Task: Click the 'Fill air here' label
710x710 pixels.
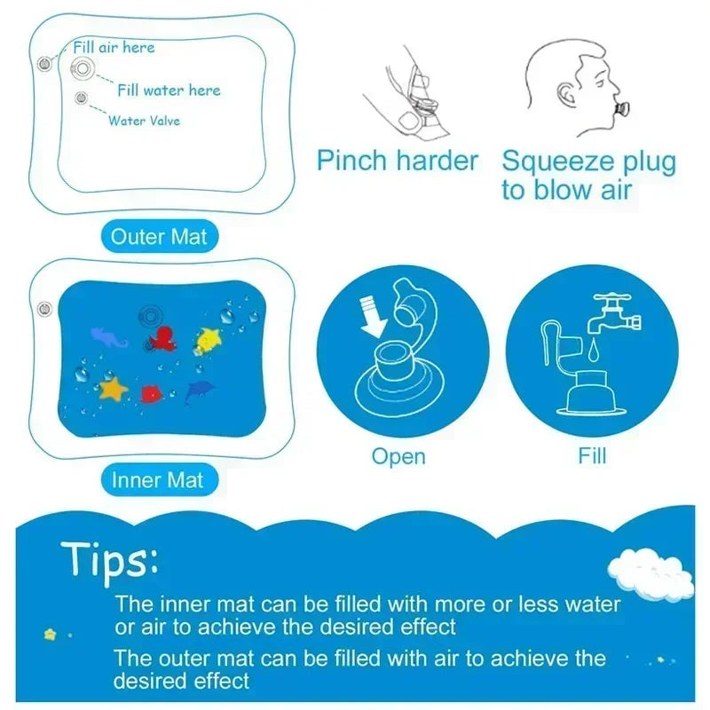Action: (x=114, y=48)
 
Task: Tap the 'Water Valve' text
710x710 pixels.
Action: (x=144, y=120)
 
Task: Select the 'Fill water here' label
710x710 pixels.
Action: (x=169, y=90)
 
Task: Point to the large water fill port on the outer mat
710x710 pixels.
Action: (x=83, y=67)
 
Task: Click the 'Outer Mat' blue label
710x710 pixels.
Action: (x=158, y=237)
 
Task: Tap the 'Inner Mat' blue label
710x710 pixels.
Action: (x=158, y=480)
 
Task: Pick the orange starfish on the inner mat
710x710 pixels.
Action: (x=114, y=388)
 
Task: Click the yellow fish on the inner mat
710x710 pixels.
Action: (x=209, y=336)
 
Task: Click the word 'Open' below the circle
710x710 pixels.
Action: (x=398, y=456)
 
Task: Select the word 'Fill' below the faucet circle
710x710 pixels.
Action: (x=592, y=456)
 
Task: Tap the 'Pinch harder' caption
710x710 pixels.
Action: (x=398, y=161)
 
